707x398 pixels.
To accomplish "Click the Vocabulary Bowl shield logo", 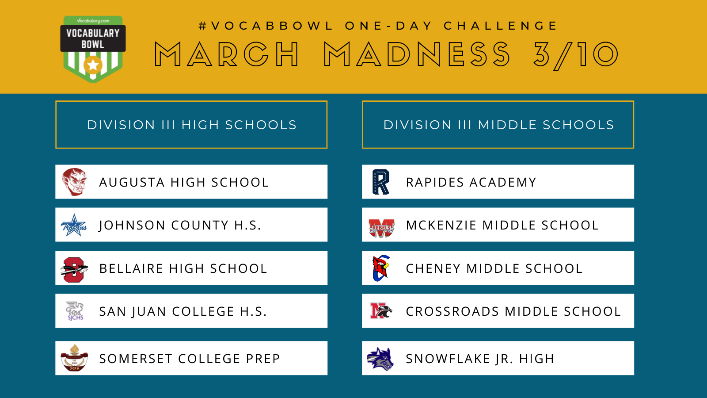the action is click(x=93, y=49).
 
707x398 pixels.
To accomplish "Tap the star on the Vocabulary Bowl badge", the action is click(x=93, y=65).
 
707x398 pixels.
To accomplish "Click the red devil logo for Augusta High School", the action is click(x=74, y=182).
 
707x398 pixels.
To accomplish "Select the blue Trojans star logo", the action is click(x=74, y=225).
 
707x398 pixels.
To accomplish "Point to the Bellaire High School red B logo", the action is click(x=74, y=269).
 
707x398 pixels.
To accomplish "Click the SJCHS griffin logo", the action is click(x=75, y=311).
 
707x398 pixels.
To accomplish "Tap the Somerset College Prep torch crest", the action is click(x=74, y=358).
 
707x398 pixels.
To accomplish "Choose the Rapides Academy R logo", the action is click(x=381, y=182).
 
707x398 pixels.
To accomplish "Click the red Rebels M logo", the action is click(x=382, y=228).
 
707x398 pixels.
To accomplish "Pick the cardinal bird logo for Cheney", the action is click(x=381, y=268).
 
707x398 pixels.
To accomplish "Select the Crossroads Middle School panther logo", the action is click(x=381, y=311).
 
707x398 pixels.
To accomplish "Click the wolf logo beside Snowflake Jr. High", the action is click(x=380, y=359).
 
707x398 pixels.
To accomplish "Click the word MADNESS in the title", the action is click(x=417, y=54).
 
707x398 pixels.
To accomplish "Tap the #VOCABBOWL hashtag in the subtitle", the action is click(x=266, y=26).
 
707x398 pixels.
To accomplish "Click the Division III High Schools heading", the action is click(x=192, y=125).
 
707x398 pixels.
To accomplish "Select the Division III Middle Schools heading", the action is click(x=499, y=125).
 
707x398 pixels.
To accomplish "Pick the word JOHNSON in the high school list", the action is click(x=132, y=225).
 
